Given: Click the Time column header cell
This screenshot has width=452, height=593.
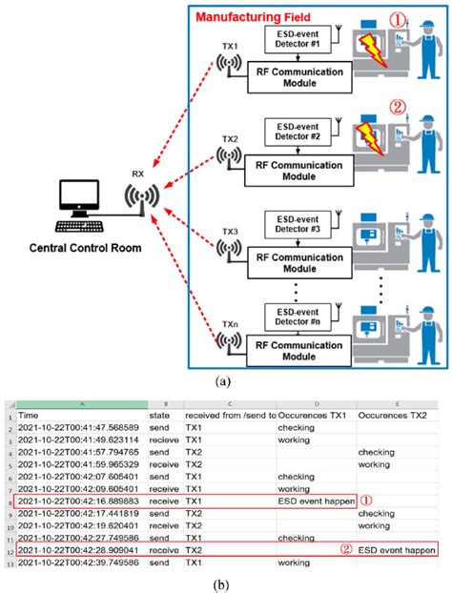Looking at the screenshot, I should coord(29,417).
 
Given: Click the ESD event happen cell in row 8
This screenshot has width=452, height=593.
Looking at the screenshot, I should coord(314,497).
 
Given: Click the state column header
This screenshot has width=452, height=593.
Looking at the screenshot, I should coord(160,417).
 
